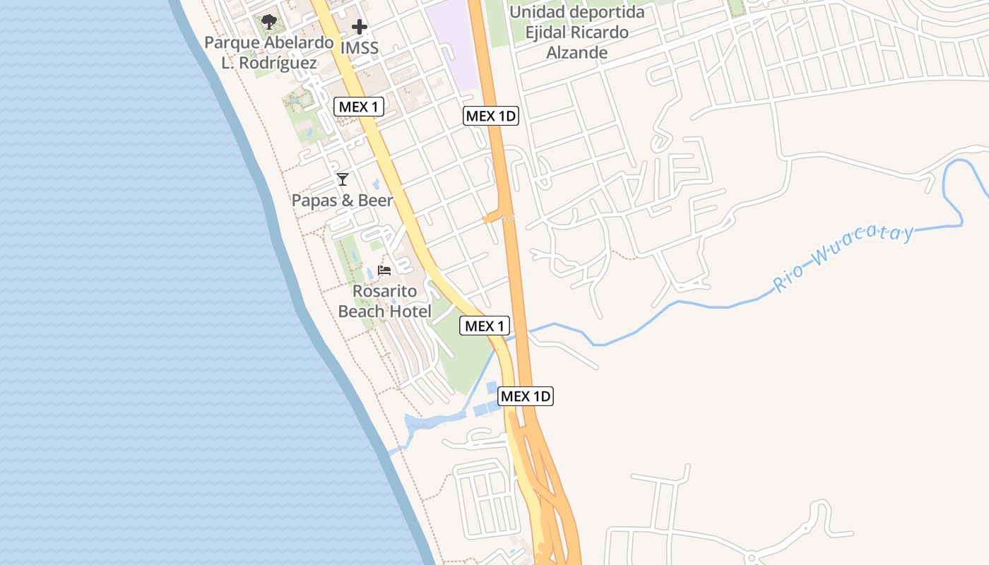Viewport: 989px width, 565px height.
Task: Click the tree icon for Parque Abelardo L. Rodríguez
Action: coord(268,22)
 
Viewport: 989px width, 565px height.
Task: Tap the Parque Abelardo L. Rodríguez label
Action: coord(268,52)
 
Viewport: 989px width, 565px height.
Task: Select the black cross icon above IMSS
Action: coord(360,28)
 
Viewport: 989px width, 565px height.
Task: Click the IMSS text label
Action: coord(360,49)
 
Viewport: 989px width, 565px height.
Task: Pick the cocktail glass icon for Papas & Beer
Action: coord(343,179)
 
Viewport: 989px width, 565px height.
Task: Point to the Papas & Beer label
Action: coord(342,201)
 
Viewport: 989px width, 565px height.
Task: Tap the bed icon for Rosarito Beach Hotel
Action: coord(384,270)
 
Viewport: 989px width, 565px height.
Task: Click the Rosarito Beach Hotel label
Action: coord(384,301)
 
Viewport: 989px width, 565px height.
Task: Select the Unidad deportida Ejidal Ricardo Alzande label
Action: coord(576,32)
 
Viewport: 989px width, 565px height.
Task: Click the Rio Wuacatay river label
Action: coord(844,258)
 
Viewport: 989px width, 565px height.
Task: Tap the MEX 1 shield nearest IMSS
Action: coord(359,107)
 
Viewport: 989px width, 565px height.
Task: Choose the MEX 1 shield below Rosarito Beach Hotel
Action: coord(484,326)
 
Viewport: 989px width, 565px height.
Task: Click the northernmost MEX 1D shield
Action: coord(491,116)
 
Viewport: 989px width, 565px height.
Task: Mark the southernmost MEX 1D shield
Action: coord(526,396)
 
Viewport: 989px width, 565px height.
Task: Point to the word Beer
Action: coord(375,201)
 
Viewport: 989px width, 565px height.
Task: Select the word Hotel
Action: coord(409,311)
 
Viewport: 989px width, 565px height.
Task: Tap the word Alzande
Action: coord(576,53)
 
